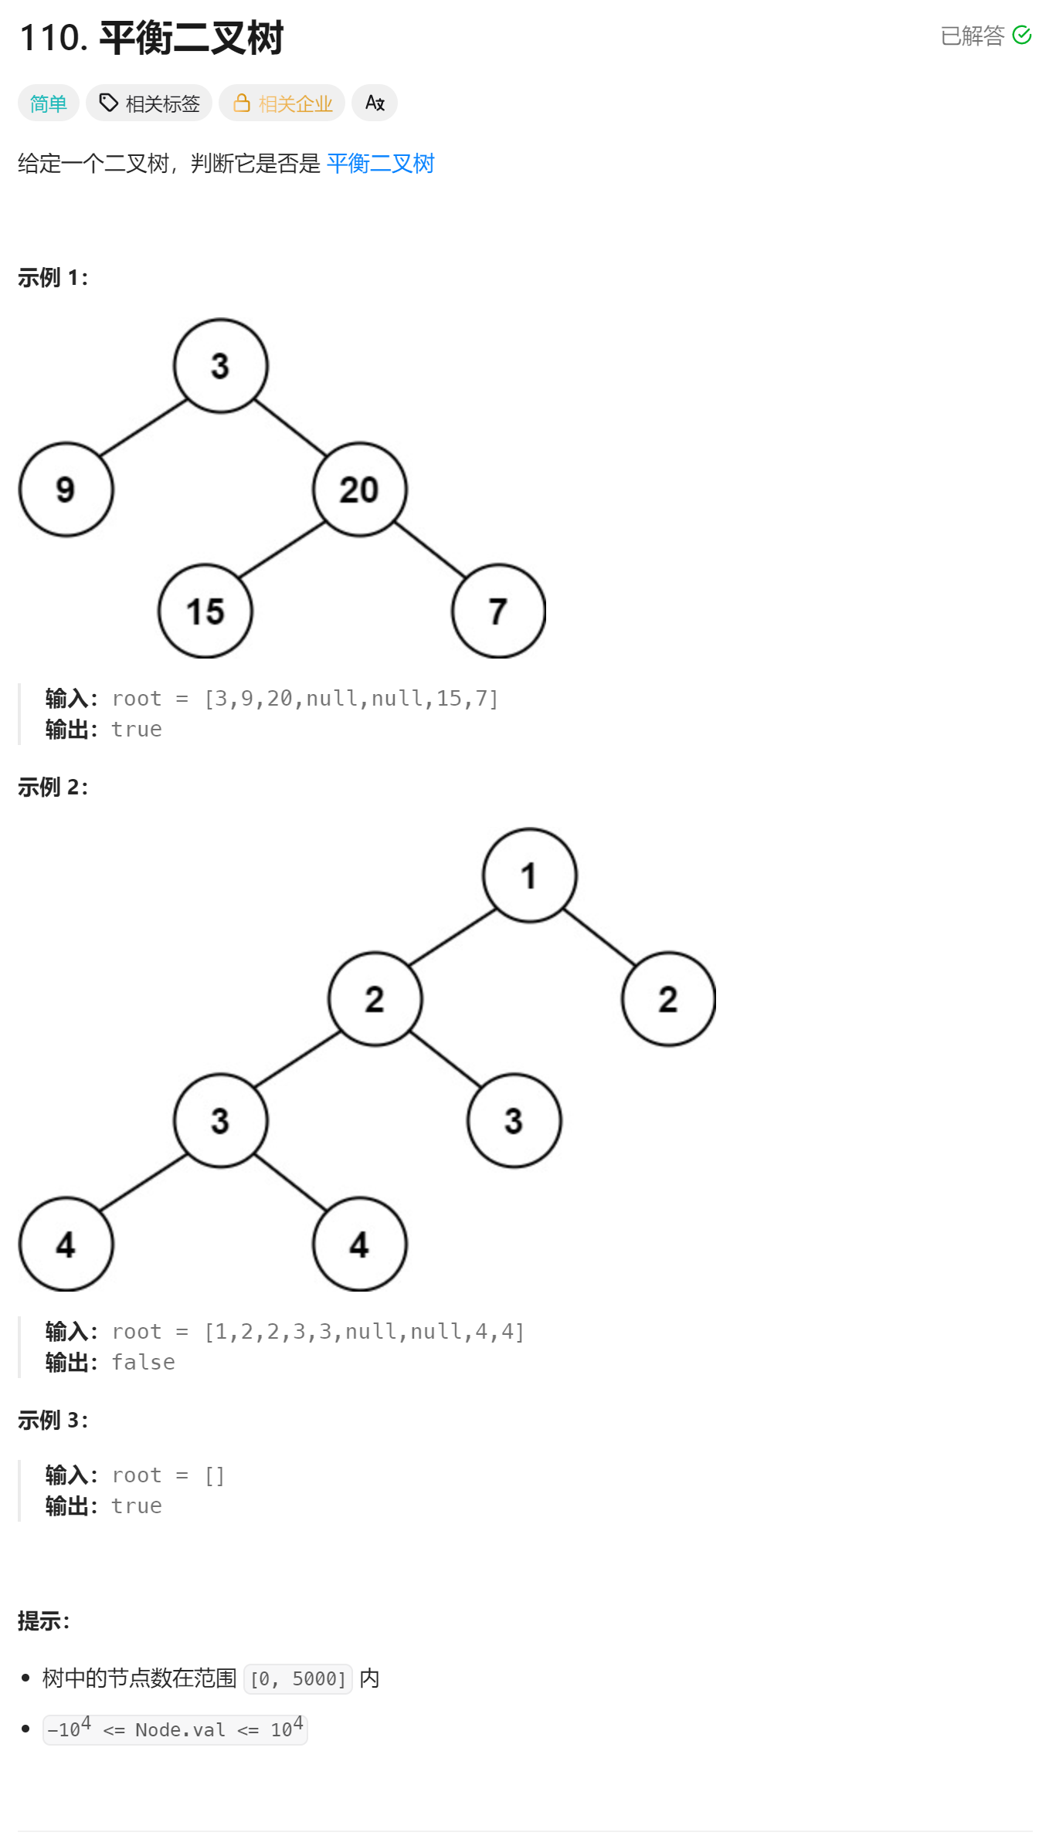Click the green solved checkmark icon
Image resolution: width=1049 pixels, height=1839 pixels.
[1021, 36]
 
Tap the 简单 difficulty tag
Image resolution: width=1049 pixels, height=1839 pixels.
[48, 103]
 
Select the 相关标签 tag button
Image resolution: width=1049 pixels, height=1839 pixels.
[149, 103]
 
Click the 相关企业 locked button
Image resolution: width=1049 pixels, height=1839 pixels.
[282, 103]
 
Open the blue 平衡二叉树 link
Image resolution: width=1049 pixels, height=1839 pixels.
[380, 164]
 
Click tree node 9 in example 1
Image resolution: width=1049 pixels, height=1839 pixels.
[66, 489]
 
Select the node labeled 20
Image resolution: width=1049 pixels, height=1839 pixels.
[360, 489]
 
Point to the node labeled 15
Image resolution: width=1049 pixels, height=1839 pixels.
[205, 611]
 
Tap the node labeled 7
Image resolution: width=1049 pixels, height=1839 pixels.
[499, 611]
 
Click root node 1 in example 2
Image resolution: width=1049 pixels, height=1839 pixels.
[530, 875]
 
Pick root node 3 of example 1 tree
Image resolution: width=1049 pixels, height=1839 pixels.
[221, 366]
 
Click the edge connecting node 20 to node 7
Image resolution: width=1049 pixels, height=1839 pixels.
[430, 550]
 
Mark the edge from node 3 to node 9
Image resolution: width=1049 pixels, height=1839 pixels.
[144, 428]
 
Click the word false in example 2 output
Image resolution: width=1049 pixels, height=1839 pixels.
[144, 1362]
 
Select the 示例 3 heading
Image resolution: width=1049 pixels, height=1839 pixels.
[53, 1420]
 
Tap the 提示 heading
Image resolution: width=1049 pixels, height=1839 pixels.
[43, 1621]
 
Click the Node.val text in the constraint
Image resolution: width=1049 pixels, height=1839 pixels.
[180, 1730]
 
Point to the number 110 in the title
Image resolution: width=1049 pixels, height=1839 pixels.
[53, 38]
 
